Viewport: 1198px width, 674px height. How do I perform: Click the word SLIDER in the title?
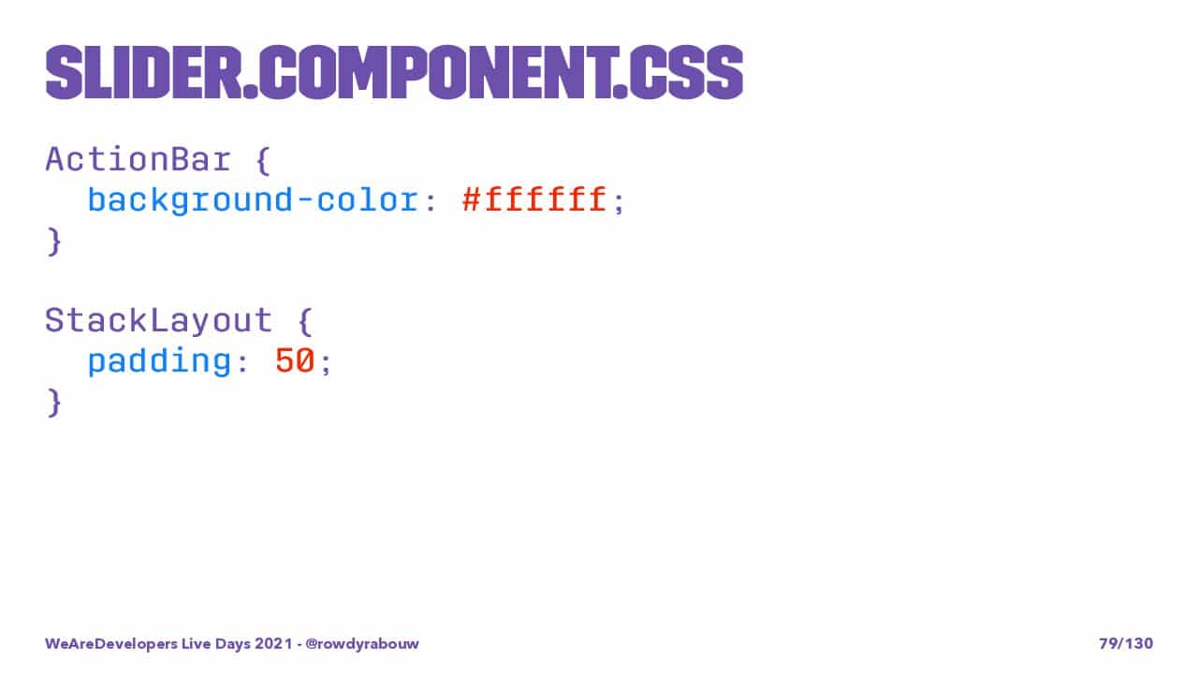144,73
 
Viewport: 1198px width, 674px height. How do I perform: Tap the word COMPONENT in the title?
437,73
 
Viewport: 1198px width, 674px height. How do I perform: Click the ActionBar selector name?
139,159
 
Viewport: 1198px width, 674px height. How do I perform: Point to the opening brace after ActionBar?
263,160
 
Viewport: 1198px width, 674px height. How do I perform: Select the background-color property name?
253,201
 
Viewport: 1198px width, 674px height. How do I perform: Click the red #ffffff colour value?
534,199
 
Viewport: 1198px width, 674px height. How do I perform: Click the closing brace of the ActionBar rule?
54,242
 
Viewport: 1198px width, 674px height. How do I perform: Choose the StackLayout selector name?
159,321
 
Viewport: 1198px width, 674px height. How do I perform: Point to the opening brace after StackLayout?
305,321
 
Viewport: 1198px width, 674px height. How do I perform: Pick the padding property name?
159,361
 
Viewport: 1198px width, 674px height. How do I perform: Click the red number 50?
295,360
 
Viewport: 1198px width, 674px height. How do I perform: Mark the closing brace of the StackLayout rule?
54,403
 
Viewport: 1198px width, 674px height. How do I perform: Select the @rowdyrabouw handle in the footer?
362,643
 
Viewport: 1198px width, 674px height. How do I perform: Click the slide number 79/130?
1126,643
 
